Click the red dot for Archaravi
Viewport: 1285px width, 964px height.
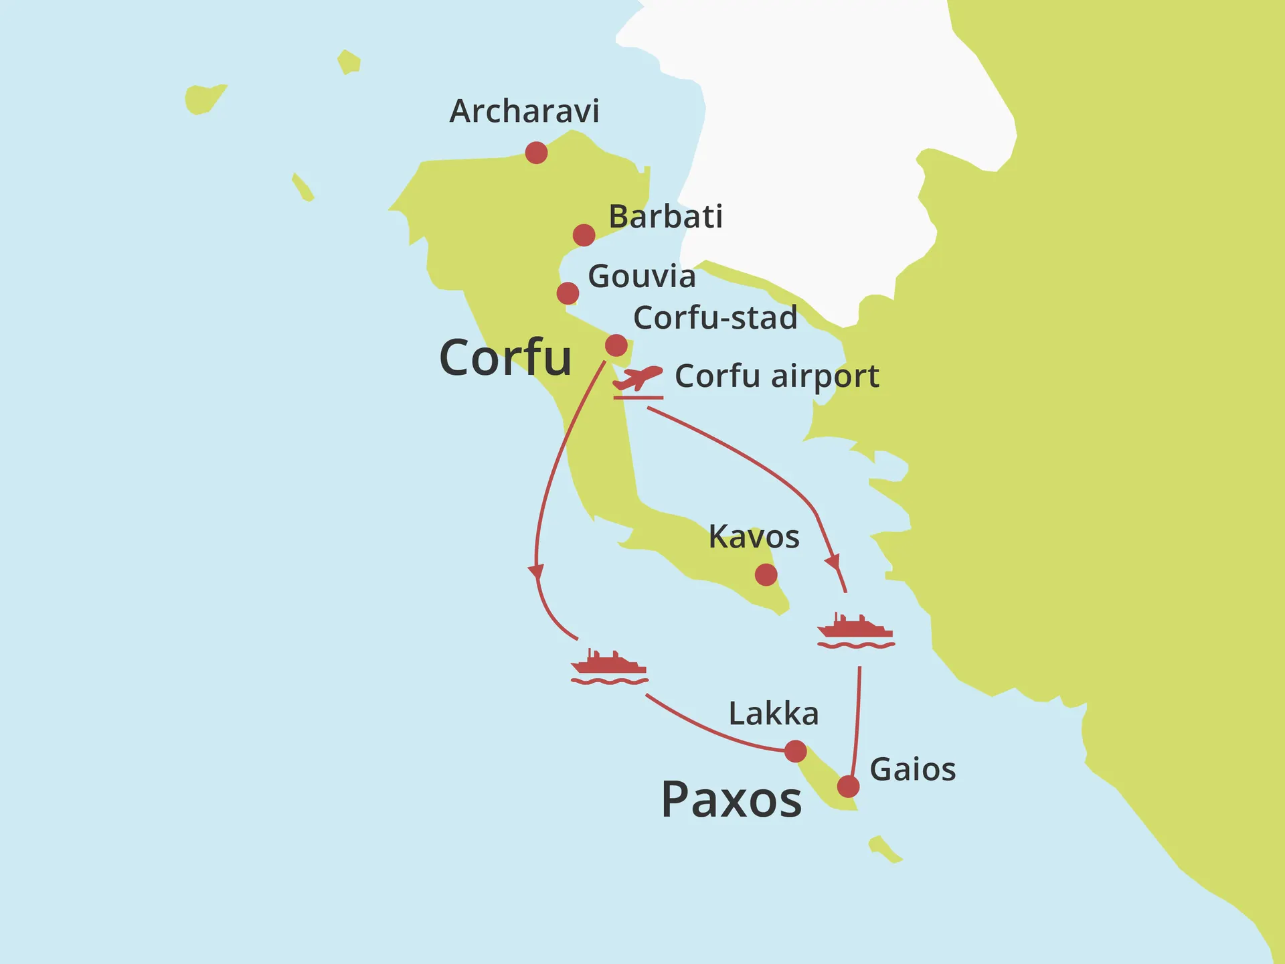pyautogui.click(x=536, y=153)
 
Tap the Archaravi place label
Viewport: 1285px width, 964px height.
pyautogui.click(x=524, y=111)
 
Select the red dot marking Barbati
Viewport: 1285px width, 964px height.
pyautogui.click(x=584, y=235)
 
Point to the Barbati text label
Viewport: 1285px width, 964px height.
pyautogui.click(x=665, y=217)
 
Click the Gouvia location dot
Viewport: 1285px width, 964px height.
pyautogui.click(x=568, y=293)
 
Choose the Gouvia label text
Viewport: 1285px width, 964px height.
pyautogui.click(x=641, y=276)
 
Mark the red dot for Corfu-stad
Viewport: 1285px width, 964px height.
pyautogui.click(x=616, y=345)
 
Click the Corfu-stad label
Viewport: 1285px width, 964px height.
pyautogui.click(x=715, y=318)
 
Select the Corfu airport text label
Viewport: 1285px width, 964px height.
pyautogui.click(x=776, y=376)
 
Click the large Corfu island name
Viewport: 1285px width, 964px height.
pyautogui.click(x=505, y=358)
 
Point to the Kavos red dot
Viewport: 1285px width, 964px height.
pyautogui.click(x=766, y=574)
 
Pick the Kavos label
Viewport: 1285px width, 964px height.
pyautogui.click(x=754, y=537)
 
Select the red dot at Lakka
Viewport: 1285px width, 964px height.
pyautogui.click(x=795, y=751)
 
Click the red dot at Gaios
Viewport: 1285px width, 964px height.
pyautogui.click(x=848, y=786)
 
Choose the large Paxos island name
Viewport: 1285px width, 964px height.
pyautogui.click(x=731, y=800)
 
